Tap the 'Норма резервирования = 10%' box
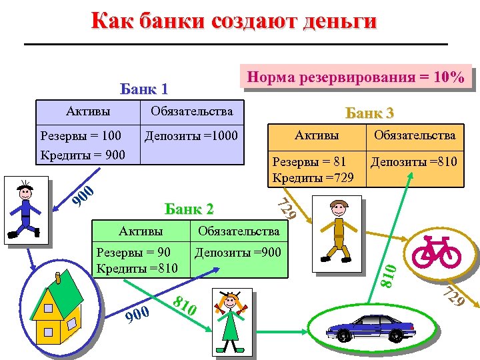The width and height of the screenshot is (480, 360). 355,77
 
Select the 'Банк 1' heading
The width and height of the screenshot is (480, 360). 143,89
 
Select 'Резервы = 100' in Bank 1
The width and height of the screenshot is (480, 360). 81,136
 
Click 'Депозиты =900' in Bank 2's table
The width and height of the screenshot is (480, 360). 238,252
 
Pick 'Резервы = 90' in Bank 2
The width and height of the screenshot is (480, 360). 133,252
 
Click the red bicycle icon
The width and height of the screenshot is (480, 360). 436,251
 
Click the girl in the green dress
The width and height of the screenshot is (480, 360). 231,322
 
